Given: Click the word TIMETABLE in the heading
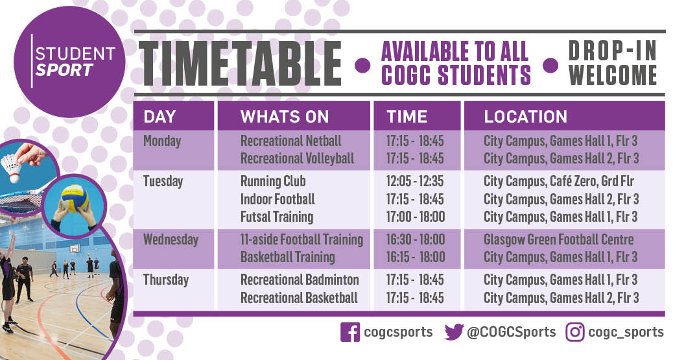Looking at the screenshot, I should coord(241,64).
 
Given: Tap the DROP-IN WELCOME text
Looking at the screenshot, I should coord(612,64).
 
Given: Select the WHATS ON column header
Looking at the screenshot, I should coord(285,117).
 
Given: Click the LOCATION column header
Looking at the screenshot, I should coord(525,117).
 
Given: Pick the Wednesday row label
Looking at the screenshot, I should coord(171,239).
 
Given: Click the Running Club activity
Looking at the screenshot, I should coord(273,181).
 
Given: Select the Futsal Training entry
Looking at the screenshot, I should coord(277,217).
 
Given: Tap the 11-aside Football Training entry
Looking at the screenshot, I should coord(301,239).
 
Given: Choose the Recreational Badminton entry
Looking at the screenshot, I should coord(300,280).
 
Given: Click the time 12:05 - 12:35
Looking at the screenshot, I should coord(415,181).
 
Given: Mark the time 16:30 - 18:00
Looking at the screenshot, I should coord(415,239).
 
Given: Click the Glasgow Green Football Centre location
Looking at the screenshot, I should coord(558,239).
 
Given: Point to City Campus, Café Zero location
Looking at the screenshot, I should coord(558,181).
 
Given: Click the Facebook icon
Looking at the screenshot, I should coord(349,332).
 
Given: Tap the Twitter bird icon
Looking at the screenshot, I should coord(454,332).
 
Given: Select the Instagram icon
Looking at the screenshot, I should coord(574,332).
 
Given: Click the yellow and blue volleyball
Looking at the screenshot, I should coord(75,198).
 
